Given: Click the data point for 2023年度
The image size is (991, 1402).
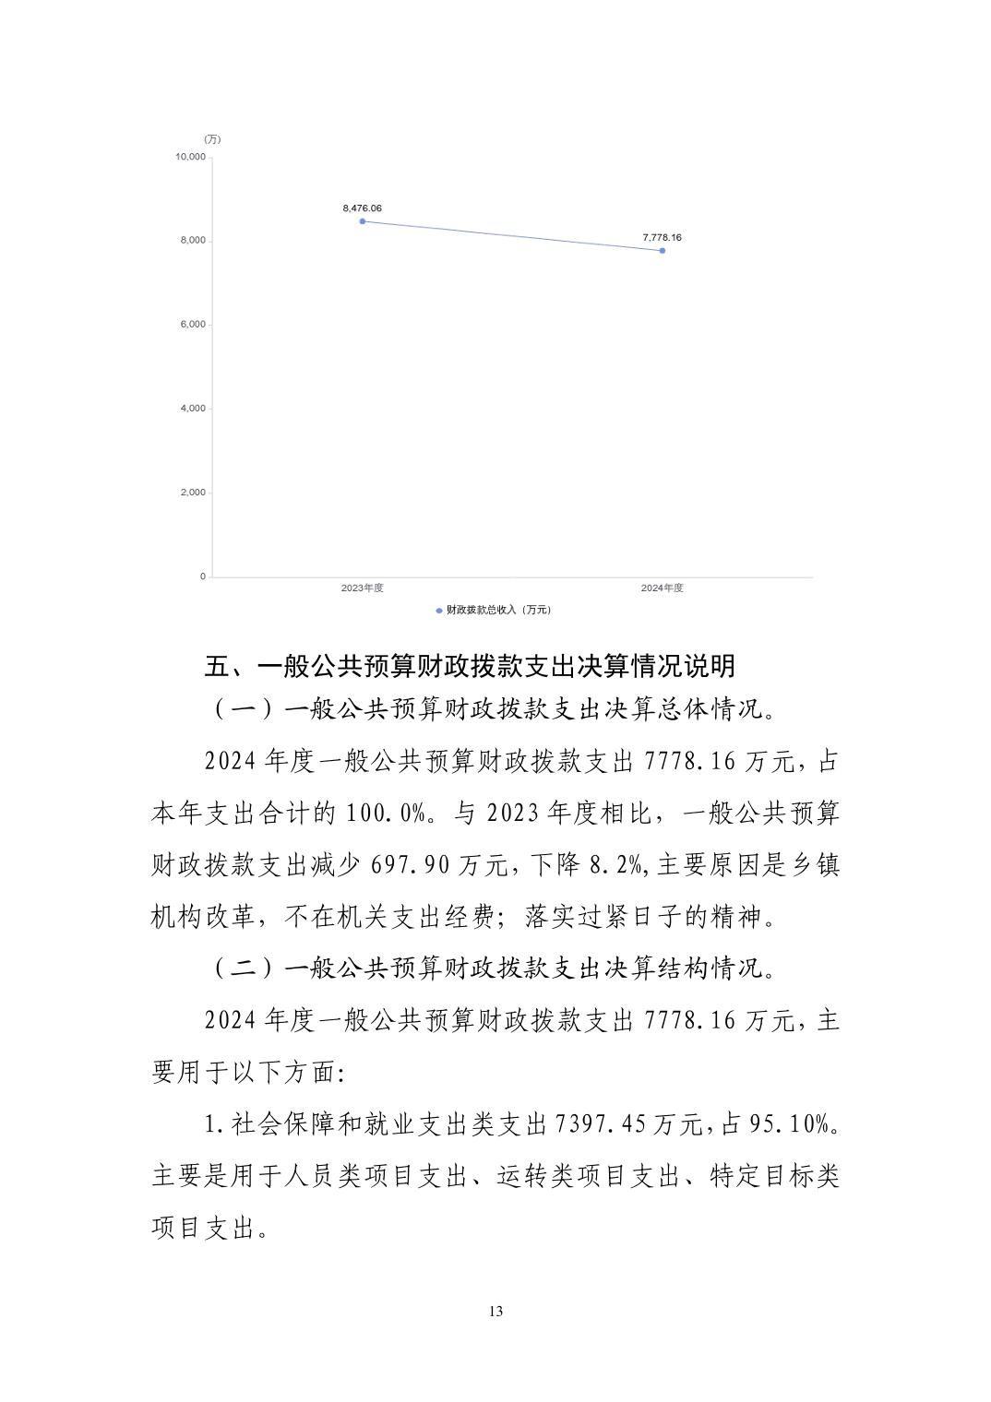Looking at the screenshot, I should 363,221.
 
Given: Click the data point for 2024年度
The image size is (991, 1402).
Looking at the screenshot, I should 663,250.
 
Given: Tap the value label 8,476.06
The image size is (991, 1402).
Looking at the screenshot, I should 362,208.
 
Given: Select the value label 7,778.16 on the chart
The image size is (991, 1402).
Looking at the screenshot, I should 662,238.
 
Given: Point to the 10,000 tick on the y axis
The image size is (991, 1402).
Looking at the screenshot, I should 191,157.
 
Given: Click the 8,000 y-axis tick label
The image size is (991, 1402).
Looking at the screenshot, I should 193,241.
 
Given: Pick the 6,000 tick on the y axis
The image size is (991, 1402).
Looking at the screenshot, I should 193,325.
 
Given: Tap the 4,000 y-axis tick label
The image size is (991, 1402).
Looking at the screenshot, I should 193,409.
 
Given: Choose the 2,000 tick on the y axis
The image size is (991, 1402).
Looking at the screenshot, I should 193,493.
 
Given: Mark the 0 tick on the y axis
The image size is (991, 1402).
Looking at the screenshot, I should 203,576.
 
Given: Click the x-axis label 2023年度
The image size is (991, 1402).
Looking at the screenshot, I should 362,588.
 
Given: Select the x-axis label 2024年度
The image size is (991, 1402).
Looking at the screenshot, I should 662,588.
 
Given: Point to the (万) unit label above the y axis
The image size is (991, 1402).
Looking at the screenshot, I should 212,139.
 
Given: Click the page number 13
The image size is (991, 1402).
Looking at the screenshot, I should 496,1312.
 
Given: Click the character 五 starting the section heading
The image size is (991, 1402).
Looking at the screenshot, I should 217,666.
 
